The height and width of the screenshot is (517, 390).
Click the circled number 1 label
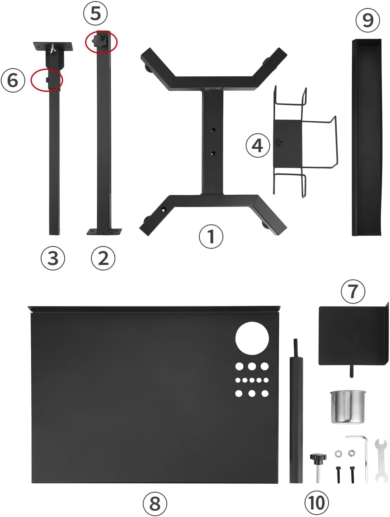211,236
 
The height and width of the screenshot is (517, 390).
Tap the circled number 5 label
95,14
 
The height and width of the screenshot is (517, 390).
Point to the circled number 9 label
368,19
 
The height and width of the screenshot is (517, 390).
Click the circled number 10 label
316,503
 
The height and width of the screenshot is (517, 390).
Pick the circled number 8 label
155,504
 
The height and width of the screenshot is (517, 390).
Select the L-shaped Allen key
362,453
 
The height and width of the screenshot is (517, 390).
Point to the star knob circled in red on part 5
99,41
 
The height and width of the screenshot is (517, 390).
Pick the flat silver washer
338,453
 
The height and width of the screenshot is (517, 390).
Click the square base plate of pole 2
104,231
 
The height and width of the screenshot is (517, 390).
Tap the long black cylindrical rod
296,419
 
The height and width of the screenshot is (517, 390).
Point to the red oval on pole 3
47,80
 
